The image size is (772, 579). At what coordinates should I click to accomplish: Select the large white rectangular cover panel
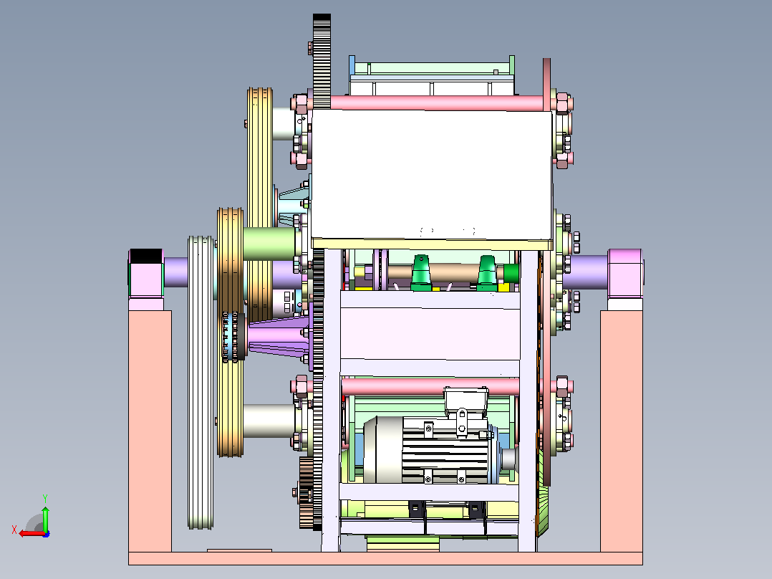pyautogui.click(x=432, y=175)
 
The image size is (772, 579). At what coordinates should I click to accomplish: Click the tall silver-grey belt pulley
pyautogui.click(x=201, y=383)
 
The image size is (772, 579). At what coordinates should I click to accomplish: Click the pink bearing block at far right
pyautogui.click(x=625, y=274)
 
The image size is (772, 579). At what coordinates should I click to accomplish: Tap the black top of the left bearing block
pyautogui.click(x=146, y=257)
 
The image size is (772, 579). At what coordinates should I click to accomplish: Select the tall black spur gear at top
pyautogui.click(x=322, y=61)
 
